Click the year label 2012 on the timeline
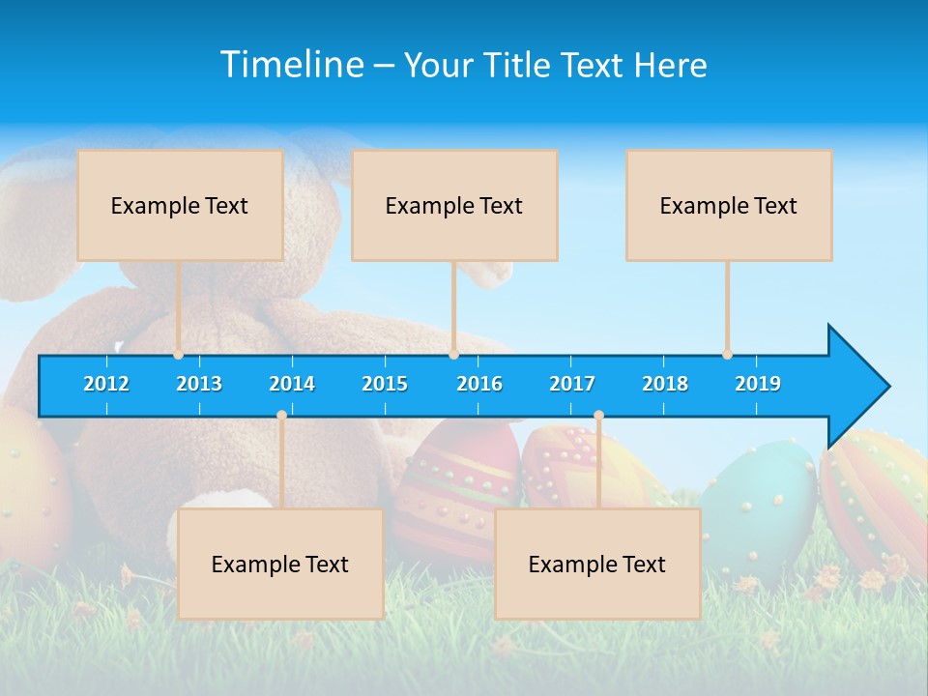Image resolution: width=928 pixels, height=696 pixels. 106,384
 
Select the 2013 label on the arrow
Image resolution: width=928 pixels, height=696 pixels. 199,384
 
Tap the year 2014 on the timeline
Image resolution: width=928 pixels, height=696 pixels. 292,384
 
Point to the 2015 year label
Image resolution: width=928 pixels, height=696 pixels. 385,384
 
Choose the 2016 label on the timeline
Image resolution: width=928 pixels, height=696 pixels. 479,384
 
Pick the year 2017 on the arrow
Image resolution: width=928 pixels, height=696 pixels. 572,384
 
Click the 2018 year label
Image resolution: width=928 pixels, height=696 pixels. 665,384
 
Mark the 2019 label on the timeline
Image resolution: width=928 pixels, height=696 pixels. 758,384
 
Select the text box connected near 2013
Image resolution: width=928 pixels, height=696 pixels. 180,205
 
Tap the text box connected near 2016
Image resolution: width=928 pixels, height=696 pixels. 454,205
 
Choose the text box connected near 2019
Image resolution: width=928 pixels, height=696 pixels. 729,205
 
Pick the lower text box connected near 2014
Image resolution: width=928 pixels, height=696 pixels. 280,564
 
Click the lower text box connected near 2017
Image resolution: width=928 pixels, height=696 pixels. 597,564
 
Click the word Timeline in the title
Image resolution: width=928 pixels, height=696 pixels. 292,64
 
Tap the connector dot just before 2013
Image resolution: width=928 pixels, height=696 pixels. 178,355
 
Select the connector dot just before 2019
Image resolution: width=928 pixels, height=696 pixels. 727,355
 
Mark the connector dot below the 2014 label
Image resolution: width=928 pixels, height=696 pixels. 281,415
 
